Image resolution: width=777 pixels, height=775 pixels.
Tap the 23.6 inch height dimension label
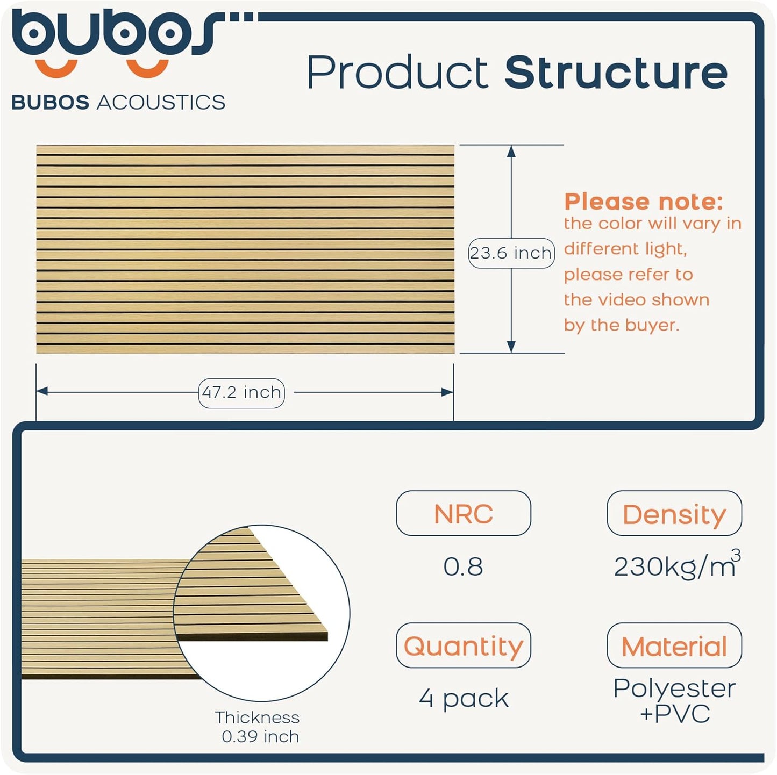tap(511, 253)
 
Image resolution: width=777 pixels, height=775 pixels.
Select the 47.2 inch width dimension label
tap(241, 393)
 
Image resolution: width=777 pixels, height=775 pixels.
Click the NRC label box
tap(463, 513)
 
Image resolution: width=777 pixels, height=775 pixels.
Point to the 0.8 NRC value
tap(463, 566)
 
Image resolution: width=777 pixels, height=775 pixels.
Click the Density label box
tap(674, 513)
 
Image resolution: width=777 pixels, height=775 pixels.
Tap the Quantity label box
tap(463, 645)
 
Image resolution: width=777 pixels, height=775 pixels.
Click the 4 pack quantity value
tap(464, 699)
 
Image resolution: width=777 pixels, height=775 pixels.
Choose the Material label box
tap(674, 645)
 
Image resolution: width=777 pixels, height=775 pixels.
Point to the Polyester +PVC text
tap(674, 700)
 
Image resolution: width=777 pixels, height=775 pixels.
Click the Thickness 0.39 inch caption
tap(258, 727)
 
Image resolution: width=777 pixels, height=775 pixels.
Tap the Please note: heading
tap(643, 202)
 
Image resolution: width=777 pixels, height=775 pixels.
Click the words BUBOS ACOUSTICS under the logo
tap(118, 102)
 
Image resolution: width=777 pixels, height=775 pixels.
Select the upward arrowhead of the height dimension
tap(511, 151)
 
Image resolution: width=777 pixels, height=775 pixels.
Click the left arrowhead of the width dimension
tap(42, 392)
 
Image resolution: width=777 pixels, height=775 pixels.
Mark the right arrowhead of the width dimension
tap(447, 392)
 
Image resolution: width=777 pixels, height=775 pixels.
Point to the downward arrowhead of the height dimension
tap(511, 347)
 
